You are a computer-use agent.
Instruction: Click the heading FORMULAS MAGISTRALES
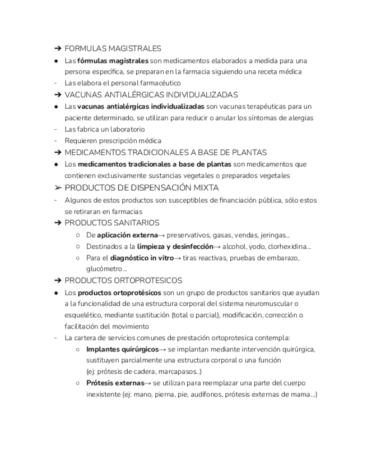[x=113, y=49]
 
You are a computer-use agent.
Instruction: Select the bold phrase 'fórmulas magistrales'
[x=113, y=61]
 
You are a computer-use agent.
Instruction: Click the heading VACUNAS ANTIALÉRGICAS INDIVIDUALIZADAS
[x=151, y=95]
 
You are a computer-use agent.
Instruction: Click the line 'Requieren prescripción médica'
[x=113, y=141]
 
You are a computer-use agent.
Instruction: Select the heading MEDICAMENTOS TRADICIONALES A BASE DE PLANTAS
[x=165, y=153]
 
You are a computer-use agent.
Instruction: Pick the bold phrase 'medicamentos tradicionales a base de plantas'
[x=154, y=164]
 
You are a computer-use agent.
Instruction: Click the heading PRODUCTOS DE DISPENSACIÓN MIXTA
[x=141, y=187]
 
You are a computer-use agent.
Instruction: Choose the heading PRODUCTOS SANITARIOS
[x=112, y=223]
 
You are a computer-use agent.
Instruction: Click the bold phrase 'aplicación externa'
[x=127, y=235]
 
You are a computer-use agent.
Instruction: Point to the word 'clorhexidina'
[x=286, y=246]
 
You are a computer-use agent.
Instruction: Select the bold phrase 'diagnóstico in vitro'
[x=142, y=258]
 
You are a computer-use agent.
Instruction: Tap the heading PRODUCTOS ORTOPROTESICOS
[x=123, y=281]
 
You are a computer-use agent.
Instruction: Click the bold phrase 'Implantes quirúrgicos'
[x=122, y=349]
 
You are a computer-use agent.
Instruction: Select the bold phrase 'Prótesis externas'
[x=115, y=383]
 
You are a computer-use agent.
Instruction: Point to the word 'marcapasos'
[x=178, y=372]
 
